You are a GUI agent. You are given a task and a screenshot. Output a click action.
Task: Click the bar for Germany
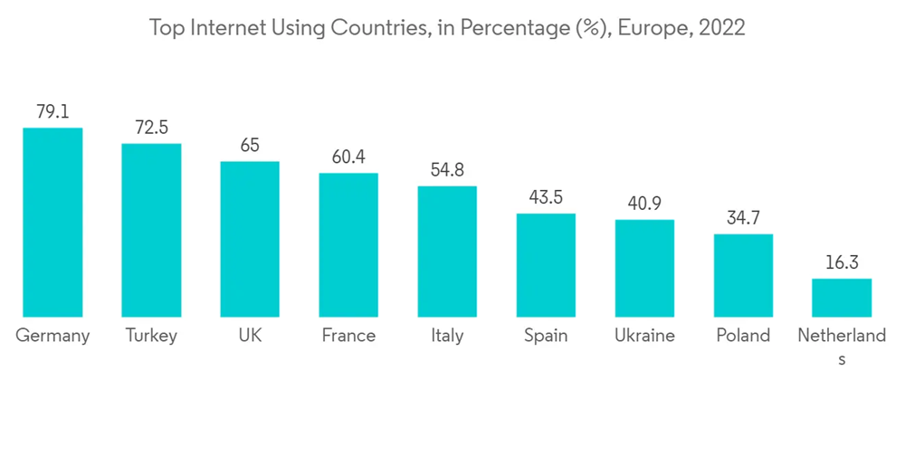52,222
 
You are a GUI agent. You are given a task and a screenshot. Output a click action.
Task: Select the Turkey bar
151,230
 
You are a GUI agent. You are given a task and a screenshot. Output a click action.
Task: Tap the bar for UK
250,239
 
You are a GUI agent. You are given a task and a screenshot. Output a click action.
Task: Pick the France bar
348,244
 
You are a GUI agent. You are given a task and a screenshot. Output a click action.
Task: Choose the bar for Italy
447,252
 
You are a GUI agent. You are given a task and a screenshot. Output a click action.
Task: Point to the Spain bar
546,265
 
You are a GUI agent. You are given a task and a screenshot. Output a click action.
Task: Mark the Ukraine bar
644,268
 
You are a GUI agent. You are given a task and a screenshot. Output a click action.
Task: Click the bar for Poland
743,275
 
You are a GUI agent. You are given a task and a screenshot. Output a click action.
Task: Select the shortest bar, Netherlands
842,298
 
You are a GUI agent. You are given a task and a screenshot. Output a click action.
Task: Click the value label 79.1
52,112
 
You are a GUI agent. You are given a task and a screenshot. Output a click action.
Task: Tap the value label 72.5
151,128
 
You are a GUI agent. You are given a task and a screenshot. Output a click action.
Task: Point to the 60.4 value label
348,157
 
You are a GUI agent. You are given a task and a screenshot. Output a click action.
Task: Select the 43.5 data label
546,197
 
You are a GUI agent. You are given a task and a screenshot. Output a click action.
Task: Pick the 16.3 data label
842,262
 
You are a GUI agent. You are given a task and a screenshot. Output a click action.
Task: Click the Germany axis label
52,336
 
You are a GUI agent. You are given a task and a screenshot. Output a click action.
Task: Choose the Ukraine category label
644,336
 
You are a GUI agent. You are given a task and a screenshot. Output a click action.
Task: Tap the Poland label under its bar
743,336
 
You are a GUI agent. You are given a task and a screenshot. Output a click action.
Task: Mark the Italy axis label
447,336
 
